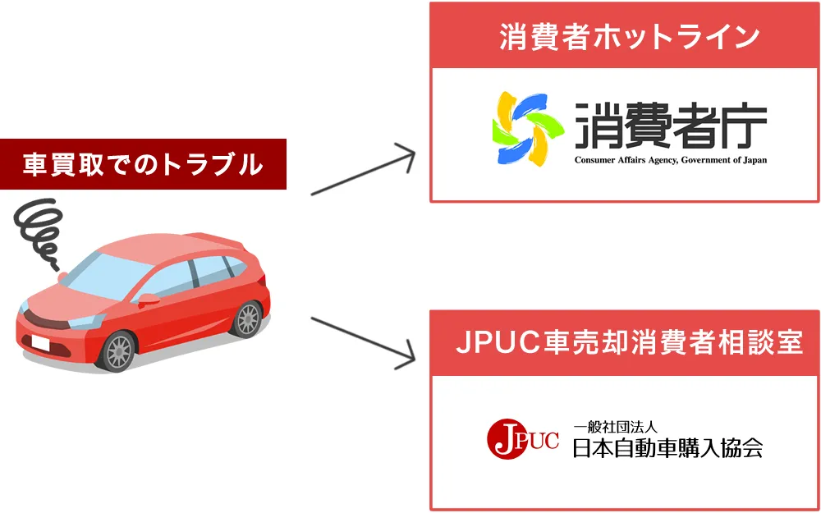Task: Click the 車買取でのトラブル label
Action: tap(143, 165)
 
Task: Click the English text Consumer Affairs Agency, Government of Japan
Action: tap(670, 160)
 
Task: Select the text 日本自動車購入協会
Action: tap(667, 449)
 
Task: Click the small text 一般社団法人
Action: tap(614, 427)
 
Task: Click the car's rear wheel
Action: tap(247, 318)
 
